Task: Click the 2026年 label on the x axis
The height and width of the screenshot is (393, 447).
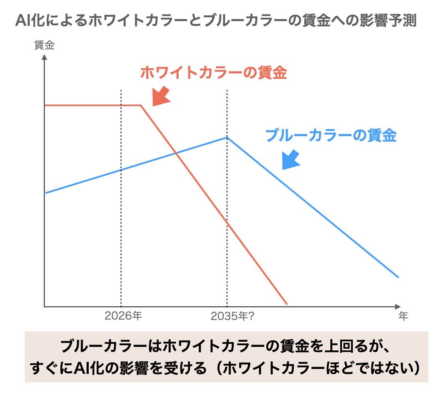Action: pos(123,316)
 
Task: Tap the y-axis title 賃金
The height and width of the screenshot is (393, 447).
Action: pos(44,45)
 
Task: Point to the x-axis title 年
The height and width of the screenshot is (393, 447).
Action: pos(402,316)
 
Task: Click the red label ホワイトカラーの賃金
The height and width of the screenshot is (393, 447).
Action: pos(213,73)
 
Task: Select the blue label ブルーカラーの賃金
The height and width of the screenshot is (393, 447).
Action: pos(331,136)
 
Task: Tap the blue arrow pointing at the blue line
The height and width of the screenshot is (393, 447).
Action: pos(291,160)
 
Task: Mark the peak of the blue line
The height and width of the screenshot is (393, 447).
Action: pos(227,137)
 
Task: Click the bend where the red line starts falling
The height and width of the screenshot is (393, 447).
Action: pos(141,105)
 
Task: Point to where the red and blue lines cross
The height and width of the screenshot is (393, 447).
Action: pos(175,153)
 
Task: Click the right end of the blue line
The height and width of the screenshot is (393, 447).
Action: pos(398,277)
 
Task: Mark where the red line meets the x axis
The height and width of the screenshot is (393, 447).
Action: pos(287,305)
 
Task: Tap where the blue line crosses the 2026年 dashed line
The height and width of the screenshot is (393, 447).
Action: pos(121,170)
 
